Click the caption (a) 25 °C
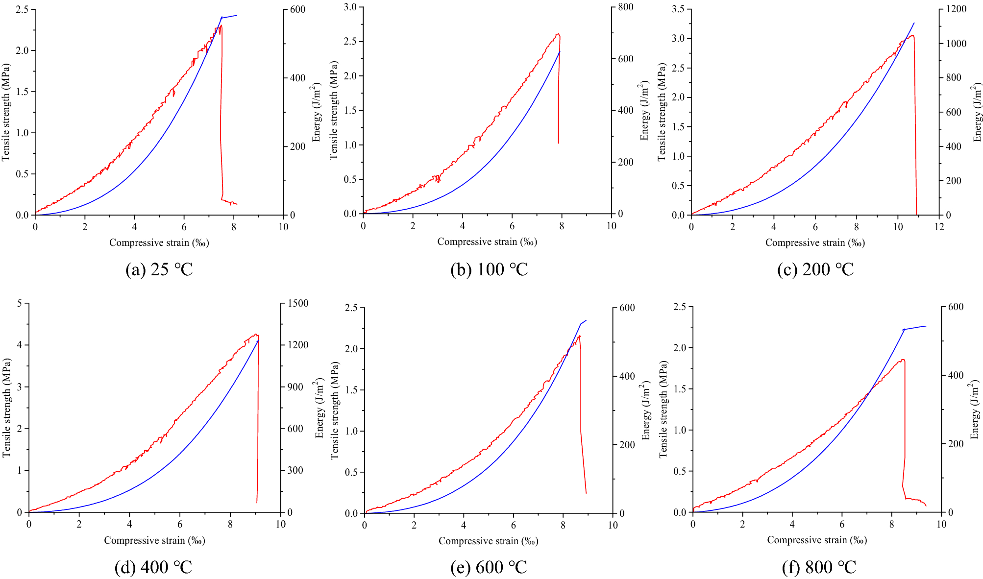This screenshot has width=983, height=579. (159, 269)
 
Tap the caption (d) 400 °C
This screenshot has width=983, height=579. (153, 567)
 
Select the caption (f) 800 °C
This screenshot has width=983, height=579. (819, 567)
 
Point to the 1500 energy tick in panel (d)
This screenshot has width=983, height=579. (297, 303)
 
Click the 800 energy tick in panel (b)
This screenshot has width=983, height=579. (625, 7)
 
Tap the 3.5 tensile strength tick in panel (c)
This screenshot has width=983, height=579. (678, 9)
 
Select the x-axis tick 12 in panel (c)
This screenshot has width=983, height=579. (939, 227)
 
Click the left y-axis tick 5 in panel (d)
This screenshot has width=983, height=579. (20, 303)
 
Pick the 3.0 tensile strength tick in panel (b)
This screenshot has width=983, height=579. (350, 7)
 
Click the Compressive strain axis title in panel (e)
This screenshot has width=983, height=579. (488, 541)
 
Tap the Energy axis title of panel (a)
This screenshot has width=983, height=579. (317, 113)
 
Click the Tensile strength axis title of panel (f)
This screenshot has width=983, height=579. (663, 409)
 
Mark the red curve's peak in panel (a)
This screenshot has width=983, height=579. (221, 25)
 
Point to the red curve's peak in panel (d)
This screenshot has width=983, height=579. (255, 335)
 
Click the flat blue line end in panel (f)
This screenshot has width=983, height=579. (926, 326)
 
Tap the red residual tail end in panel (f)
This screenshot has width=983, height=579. (926, 506)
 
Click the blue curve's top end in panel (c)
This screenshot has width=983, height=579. (914, 23)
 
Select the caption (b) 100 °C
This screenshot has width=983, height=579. (489, 269)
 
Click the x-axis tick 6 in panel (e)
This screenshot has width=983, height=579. (514, 525)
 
